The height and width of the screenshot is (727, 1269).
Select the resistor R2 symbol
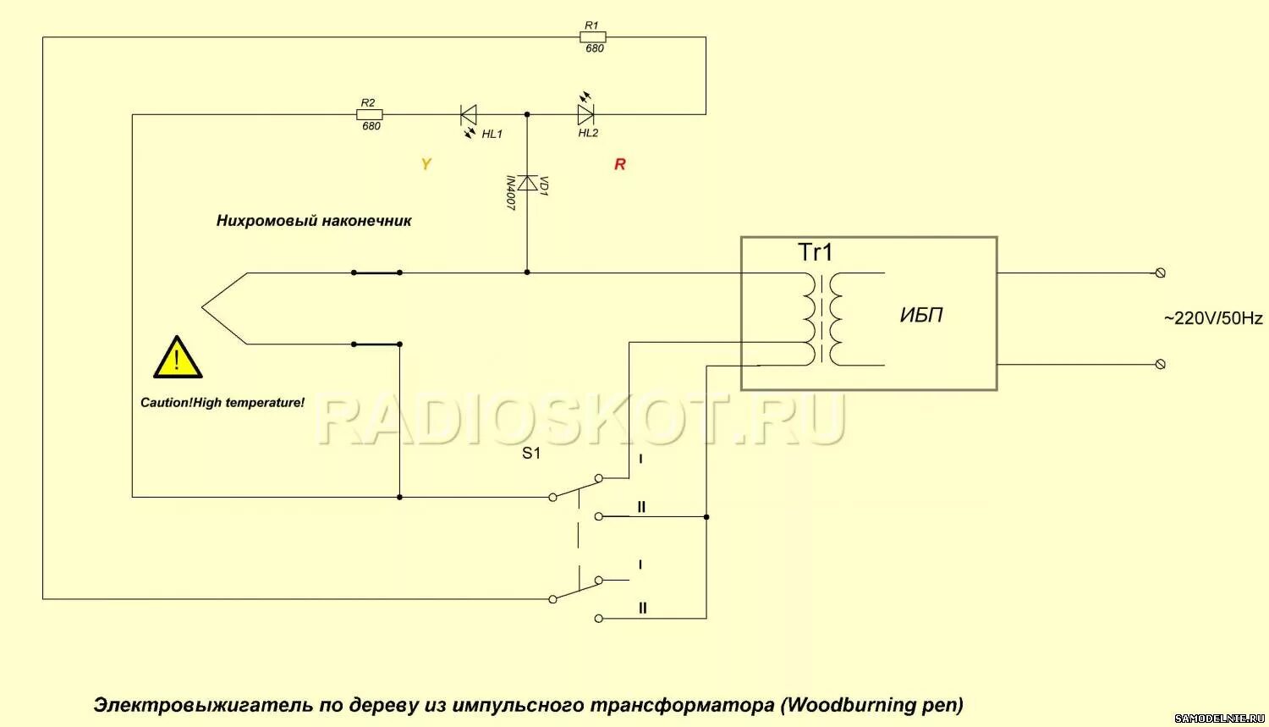(370, 114)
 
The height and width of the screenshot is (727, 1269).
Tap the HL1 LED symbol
(468, 114)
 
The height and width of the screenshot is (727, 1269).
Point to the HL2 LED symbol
(585, 114)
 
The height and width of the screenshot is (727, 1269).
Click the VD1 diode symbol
(527, 183)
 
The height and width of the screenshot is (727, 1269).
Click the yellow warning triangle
(177, 358)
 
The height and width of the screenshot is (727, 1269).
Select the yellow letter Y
(426, 164)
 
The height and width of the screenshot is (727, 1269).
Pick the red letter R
(620, 164)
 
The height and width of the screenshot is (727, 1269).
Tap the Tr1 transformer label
(816, 252)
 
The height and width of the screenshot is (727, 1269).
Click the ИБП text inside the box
(921, 315)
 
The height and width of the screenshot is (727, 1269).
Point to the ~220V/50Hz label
(1212, 318)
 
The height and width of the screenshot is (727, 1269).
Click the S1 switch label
(531, 453)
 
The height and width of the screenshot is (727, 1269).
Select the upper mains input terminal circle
(1161, 273)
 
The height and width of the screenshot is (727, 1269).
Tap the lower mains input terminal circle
(1161, 364)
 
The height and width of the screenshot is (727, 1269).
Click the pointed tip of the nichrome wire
(203, 308)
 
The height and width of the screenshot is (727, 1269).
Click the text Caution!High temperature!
(222, 403)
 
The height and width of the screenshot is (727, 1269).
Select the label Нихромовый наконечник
(314, 221)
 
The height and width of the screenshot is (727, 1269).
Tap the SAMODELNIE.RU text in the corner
(1219, 719)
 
